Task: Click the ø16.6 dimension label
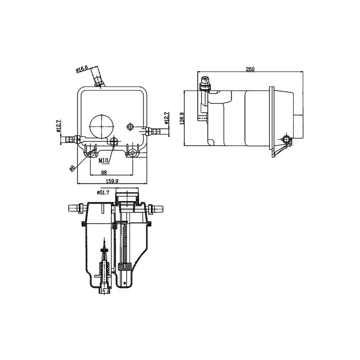point(82,69)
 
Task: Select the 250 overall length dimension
point(250,69)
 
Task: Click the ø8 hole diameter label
point(72,168)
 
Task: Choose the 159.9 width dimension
point(112,181)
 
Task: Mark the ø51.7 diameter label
point(103,192)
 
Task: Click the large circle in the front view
point(102,126)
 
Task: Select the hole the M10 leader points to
point(114,140)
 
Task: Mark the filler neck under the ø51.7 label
point(127,198)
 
